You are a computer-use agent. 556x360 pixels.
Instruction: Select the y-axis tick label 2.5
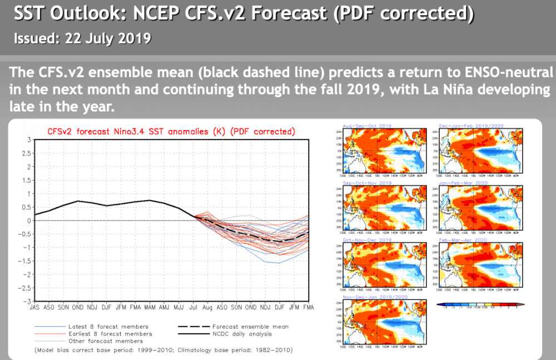pos(26,153)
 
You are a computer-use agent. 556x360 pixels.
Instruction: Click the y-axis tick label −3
pos(26,301)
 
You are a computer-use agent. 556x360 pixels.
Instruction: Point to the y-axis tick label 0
pos(28,220)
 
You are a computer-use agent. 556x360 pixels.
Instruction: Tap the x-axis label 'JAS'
pos(34,307)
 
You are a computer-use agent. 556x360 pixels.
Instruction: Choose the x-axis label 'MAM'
pos(150,307)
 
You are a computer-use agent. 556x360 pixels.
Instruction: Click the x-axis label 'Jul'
pos(193,307)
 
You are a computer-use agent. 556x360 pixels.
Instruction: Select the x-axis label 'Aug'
pos(207,307)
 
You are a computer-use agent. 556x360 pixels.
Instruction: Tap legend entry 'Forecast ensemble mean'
pos(250,326)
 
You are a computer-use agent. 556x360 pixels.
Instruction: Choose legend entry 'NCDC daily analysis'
pos(242,333)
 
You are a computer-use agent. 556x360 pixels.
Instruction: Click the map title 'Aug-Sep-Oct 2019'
pos(368,126)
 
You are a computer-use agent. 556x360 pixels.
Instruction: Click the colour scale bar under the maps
pos(478,304)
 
